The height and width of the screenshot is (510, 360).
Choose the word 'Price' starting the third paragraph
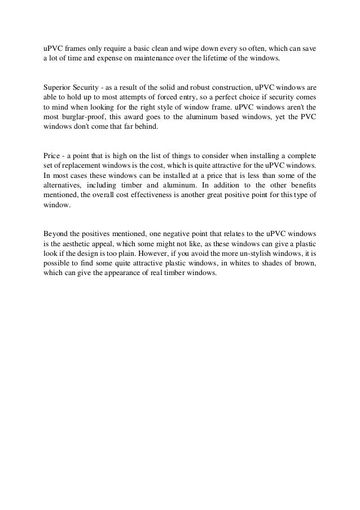click(52, 155)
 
